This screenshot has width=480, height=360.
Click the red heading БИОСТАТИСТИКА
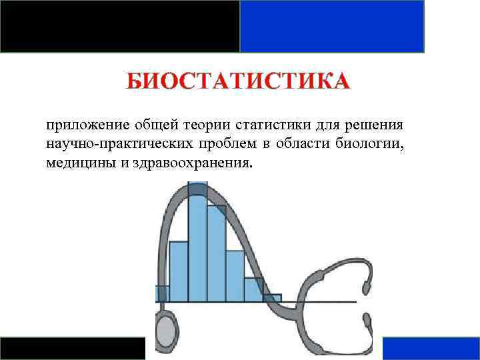click(x=238, y=82)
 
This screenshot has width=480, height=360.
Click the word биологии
click(x=373, y=145)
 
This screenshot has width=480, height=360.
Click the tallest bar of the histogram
click(x=198, y=247)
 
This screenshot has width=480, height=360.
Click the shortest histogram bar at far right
click(x=273, y=298)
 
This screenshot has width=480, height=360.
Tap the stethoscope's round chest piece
click(x=167, y=330)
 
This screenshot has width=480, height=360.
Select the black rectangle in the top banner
click(x=120, y=26)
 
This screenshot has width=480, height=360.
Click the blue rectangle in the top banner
click(x=332, y=26)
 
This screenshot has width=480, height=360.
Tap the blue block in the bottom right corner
click(x=431, y=348)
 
